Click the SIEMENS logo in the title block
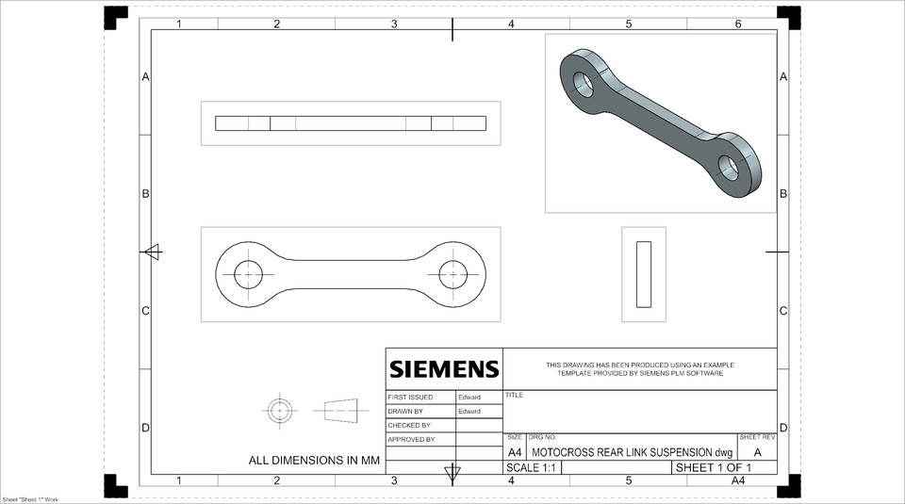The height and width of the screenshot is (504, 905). click(x=444, y=368)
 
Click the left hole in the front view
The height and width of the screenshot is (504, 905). click(x=249, y=274)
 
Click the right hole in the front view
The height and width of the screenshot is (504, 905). click(x=452, y=274)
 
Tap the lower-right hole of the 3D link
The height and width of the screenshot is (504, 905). click(x=728, y=168)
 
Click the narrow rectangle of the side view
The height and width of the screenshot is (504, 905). click(x=644, y=274)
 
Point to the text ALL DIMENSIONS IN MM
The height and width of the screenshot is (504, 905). click(x=314, y=461)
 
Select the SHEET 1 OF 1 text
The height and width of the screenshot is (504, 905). click(x=714, y=467)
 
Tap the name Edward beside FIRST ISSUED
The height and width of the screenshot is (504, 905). click(x=469, y=398)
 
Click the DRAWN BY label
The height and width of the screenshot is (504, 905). click(x=405, y=412)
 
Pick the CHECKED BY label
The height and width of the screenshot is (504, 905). click(x=409, y=426)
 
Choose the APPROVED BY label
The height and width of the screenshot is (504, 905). click(x=411, y=439)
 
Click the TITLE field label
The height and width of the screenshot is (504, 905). click(x=514, y=396)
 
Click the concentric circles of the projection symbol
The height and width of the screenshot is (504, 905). click(x=280, y=411)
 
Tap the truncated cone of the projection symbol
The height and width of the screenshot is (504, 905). click(x=341, y=411)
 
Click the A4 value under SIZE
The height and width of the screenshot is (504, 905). click(x=515, y=452)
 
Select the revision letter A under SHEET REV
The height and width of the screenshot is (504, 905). click(x=757, y=452)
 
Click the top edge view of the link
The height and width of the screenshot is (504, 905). click(x=351, y=123)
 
